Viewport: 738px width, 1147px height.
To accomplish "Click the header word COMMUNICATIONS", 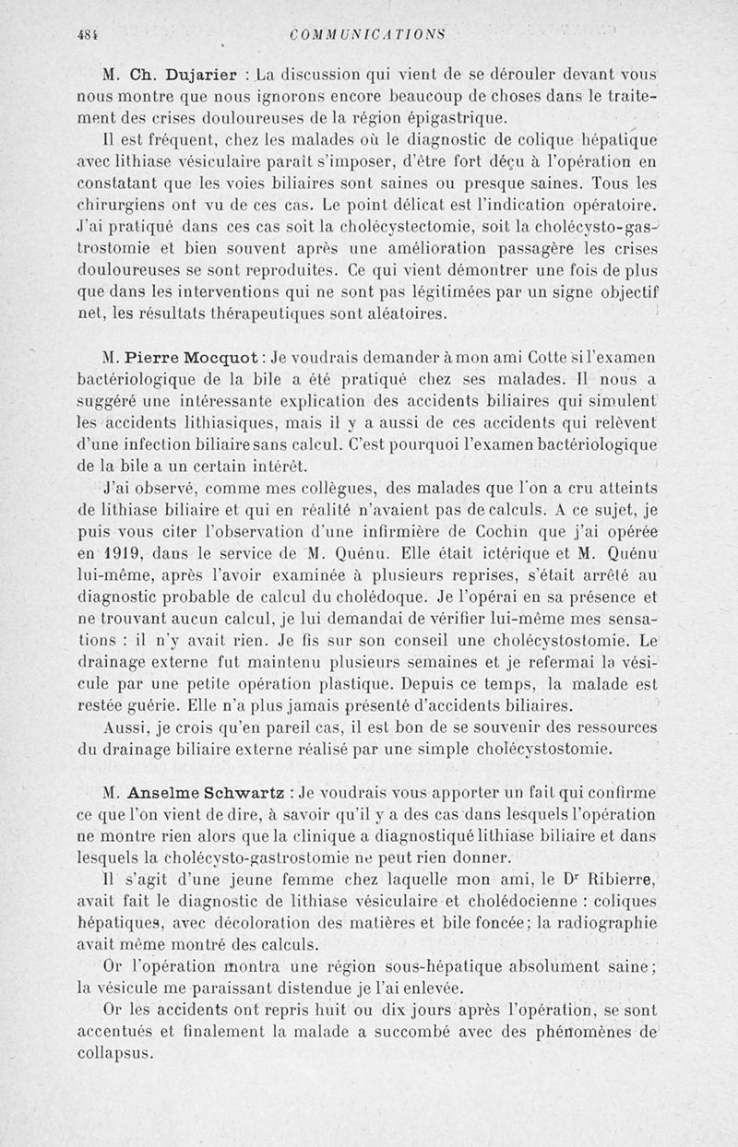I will click(367, 35).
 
